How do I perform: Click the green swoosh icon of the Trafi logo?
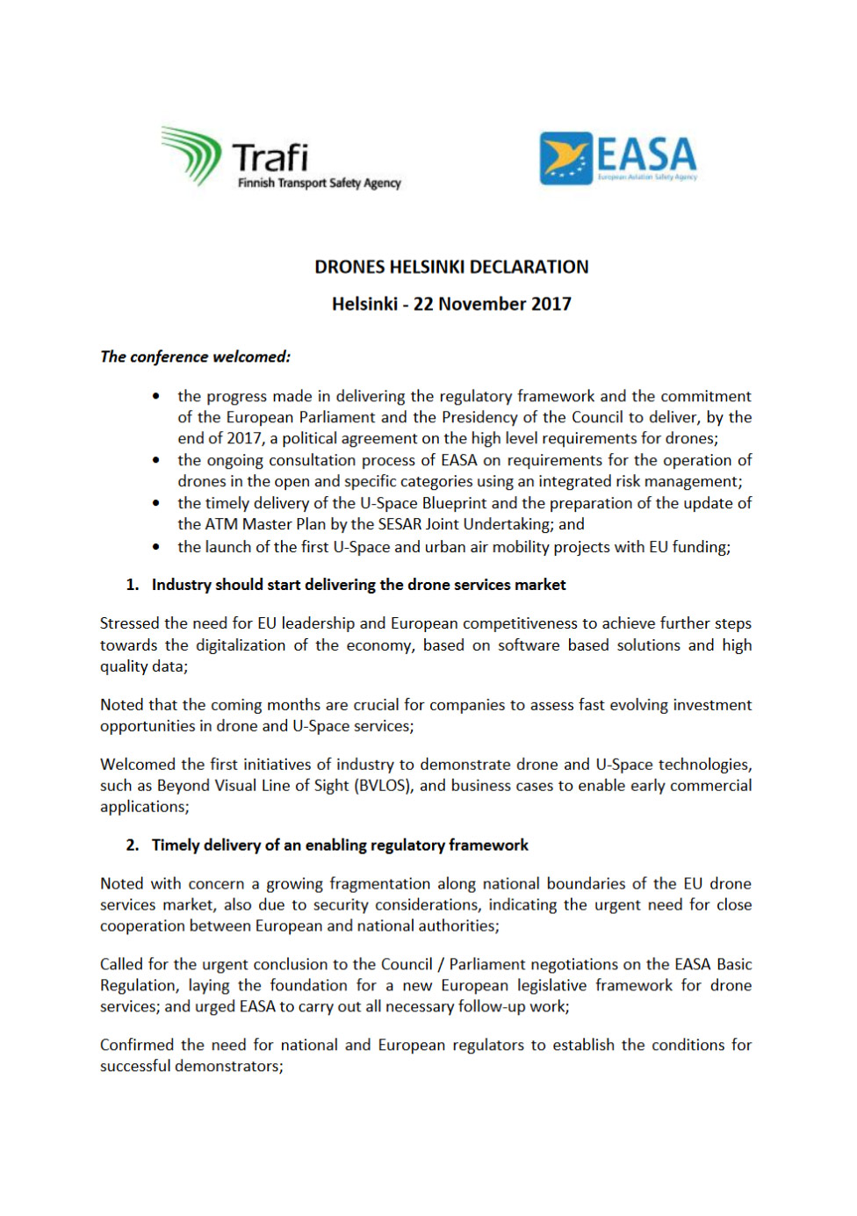point(191,155)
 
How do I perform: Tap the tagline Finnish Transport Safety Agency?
point(319,183)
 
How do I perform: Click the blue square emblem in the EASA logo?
point(565,158)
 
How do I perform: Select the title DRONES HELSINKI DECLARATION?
point(451,267)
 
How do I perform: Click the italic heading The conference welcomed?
point(195,356)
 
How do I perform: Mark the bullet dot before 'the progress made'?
point(156,396)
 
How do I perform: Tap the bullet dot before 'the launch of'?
point(156,547)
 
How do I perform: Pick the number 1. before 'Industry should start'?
point(133,585)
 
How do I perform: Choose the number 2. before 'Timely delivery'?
point(133,845)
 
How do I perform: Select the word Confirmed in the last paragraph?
point(137,1045)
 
